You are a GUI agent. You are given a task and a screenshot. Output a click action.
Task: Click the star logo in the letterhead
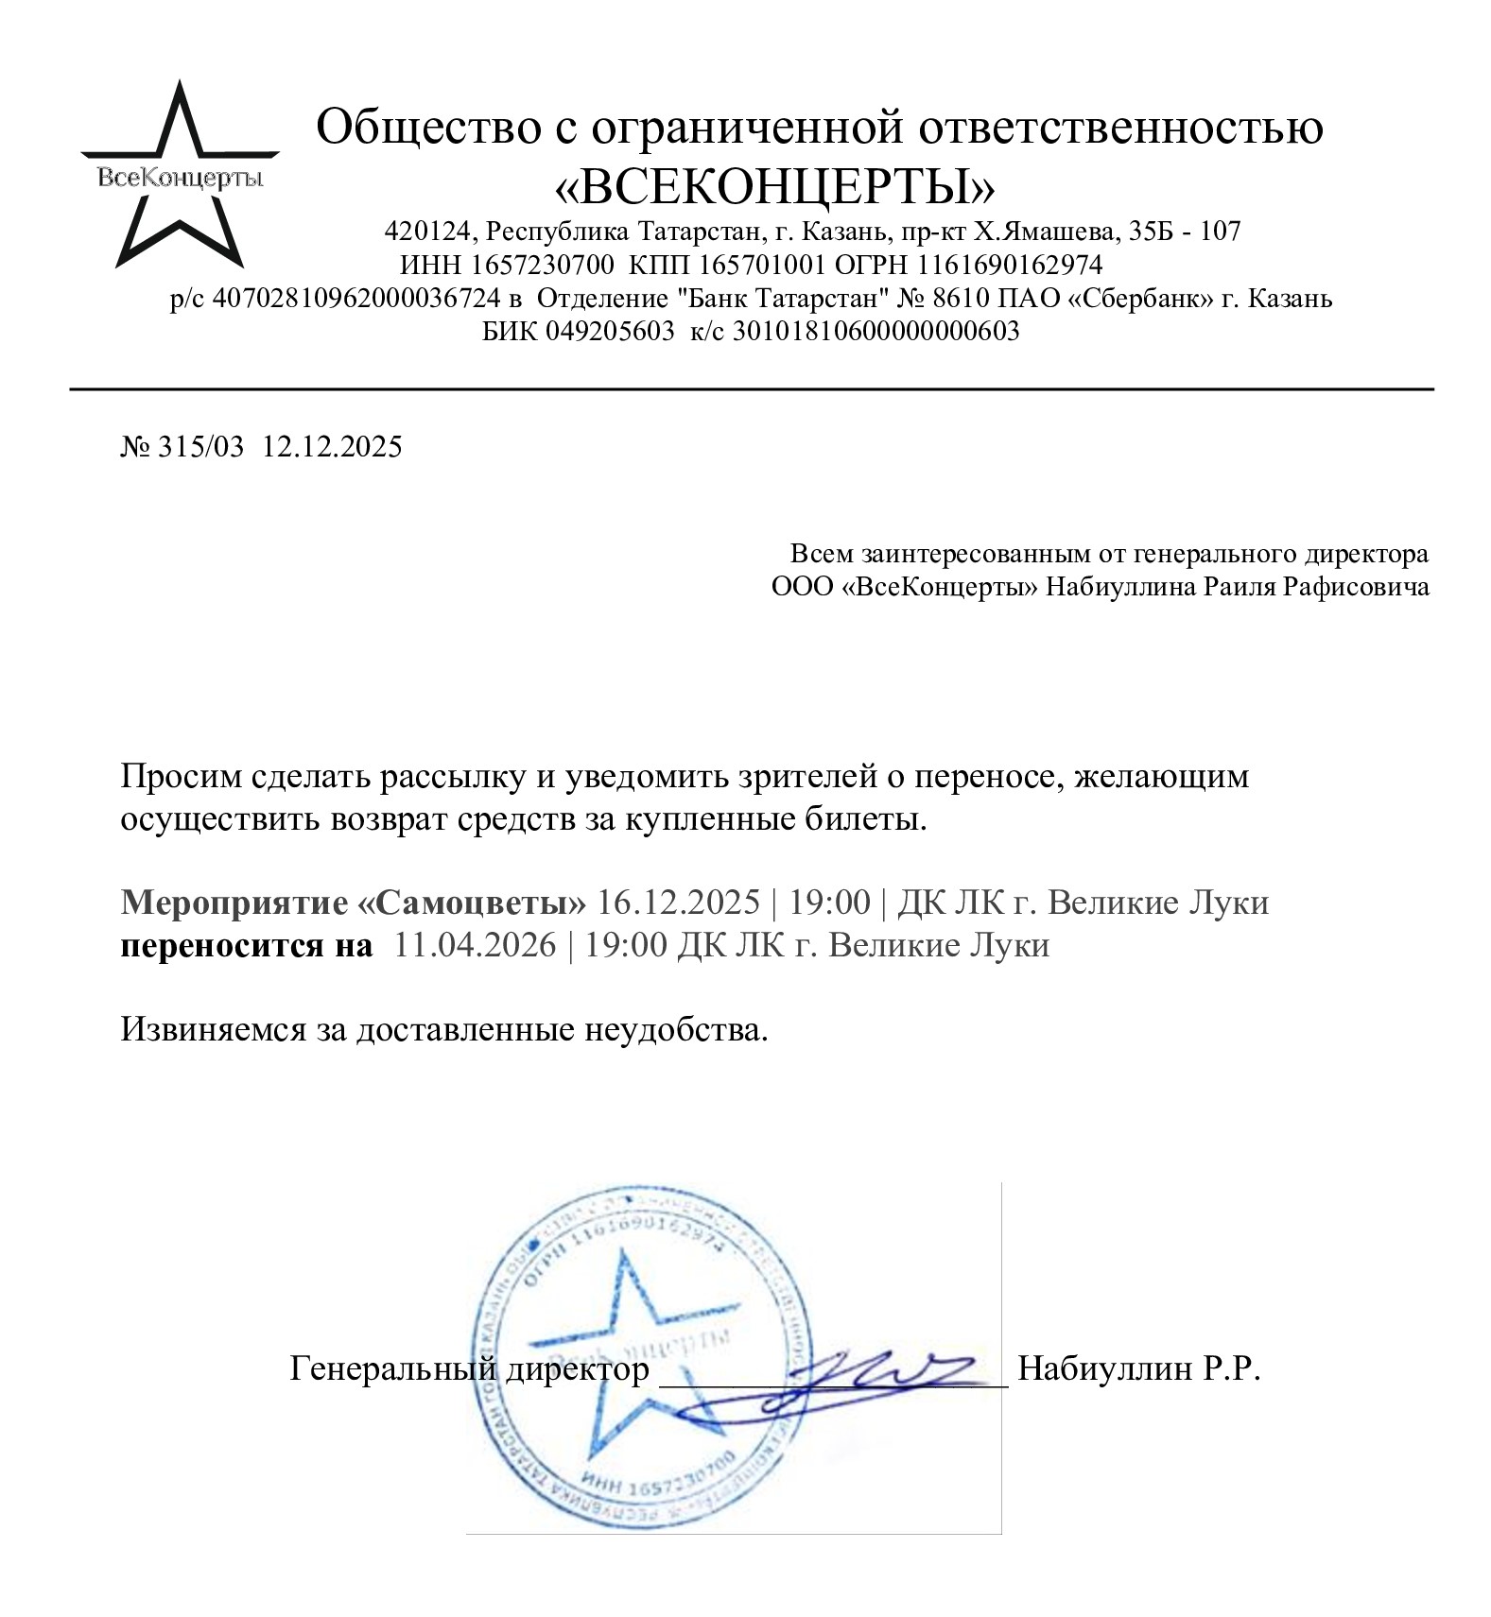point(180,176)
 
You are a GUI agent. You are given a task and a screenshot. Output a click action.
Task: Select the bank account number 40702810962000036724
point(355,299)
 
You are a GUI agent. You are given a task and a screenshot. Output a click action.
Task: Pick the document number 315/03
point(200,446)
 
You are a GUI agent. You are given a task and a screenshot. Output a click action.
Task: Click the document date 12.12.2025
point(332,446)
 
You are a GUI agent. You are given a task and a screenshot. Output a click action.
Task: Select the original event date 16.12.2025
point(678,903)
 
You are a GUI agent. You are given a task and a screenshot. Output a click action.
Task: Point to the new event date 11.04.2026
point(475,945)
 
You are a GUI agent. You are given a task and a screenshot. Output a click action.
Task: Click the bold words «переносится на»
point(247,945)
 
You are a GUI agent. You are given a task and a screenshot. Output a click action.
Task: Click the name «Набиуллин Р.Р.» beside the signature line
point(1139,1368)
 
